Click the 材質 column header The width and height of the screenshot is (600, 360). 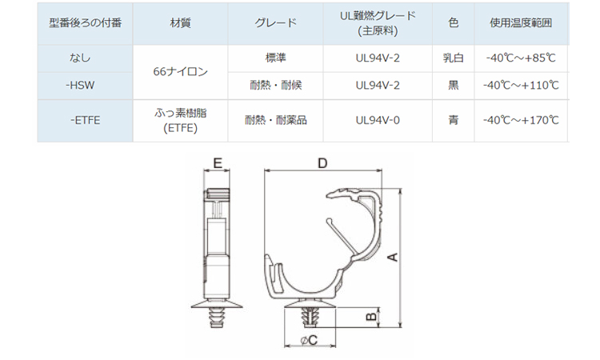[x=180, y=23]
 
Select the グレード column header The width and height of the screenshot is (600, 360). [x=275, y=23]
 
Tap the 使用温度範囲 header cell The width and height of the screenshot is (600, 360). [x=521, y=23]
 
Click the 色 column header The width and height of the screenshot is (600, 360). [x=454, y=23]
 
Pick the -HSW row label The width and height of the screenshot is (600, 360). [x=80, y=86]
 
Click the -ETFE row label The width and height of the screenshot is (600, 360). [x=86, y=121]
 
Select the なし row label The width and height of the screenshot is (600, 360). [x=80, y=58]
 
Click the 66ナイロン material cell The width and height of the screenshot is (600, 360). [x=180, y=71]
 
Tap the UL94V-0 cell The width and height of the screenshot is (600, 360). [x=378, y=121]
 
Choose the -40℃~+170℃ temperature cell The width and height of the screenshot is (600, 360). [x=521, y=121]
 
